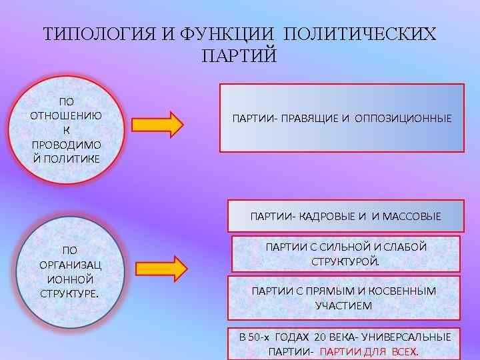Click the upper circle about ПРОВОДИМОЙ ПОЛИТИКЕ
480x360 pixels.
[x=67, y=131]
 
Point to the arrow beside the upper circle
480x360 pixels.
[x=157, y=124]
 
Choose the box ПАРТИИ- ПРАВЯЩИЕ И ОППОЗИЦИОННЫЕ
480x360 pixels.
[x=342, y=118]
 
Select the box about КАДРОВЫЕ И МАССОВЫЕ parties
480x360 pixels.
[x=345, y=216]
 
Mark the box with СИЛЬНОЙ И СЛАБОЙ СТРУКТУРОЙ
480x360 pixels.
[x=345, y=253]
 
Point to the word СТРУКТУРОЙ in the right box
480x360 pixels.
[x=345, y=261]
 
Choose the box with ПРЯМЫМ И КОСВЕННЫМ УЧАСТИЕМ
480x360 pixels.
[x=345, y=298]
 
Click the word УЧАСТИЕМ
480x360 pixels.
[x=344, y=305]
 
